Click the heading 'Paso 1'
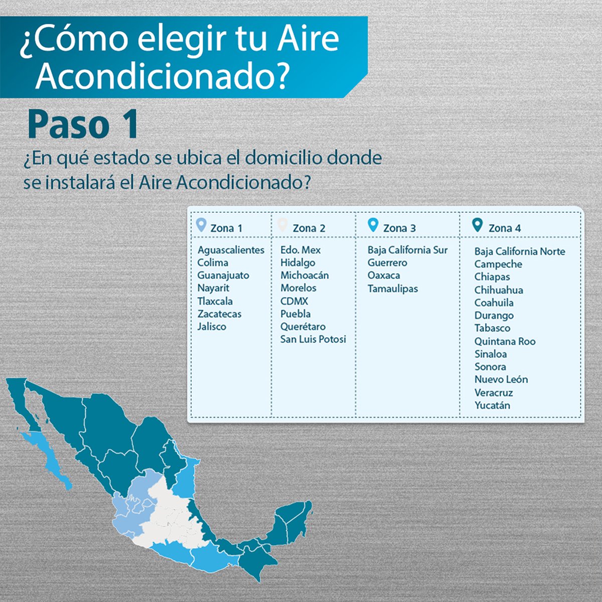click(82, 124)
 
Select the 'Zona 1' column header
click(226, 228)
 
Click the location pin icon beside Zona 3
click(373, 225)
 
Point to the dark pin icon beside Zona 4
click(477, 225)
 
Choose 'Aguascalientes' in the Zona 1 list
click(231, 250)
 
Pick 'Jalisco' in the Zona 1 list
click(212, 327)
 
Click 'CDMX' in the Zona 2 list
click(294, 301)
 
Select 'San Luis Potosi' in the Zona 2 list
click(313, 339)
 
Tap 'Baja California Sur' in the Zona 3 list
click(407, 250)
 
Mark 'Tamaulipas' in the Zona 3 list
click(393, 288)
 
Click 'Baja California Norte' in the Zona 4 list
click(520, 251)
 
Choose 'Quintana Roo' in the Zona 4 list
click(505, 342)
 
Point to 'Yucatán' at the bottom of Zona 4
click(492, 405)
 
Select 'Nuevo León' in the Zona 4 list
click(501, 380)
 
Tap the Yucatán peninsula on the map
click(293, 522)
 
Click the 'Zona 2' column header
click(309, 228)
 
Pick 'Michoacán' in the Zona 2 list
click(305, 275)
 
